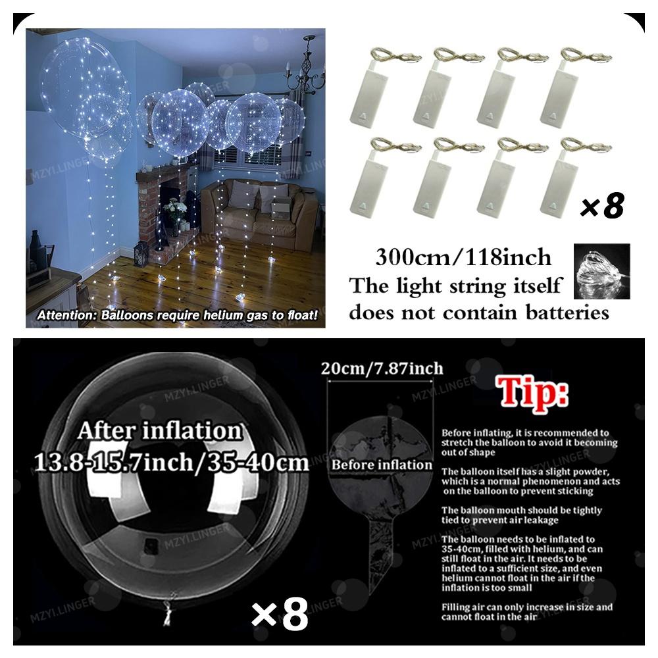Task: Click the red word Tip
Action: [x=532, y=393]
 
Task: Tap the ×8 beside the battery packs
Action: [x=603, y=205]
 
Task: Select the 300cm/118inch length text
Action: [x=463, y=257]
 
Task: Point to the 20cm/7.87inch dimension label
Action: [x=382, y=368]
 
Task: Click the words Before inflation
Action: [x=382, y=465]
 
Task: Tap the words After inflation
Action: [x=161, y=430]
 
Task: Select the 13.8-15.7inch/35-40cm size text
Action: [x=172, y=463]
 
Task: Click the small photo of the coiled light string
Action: [x=602, y=271]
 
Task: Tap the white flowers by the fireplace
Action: [x=175, y=208]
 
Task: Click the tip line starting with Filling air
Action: [x=527, y=612]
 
